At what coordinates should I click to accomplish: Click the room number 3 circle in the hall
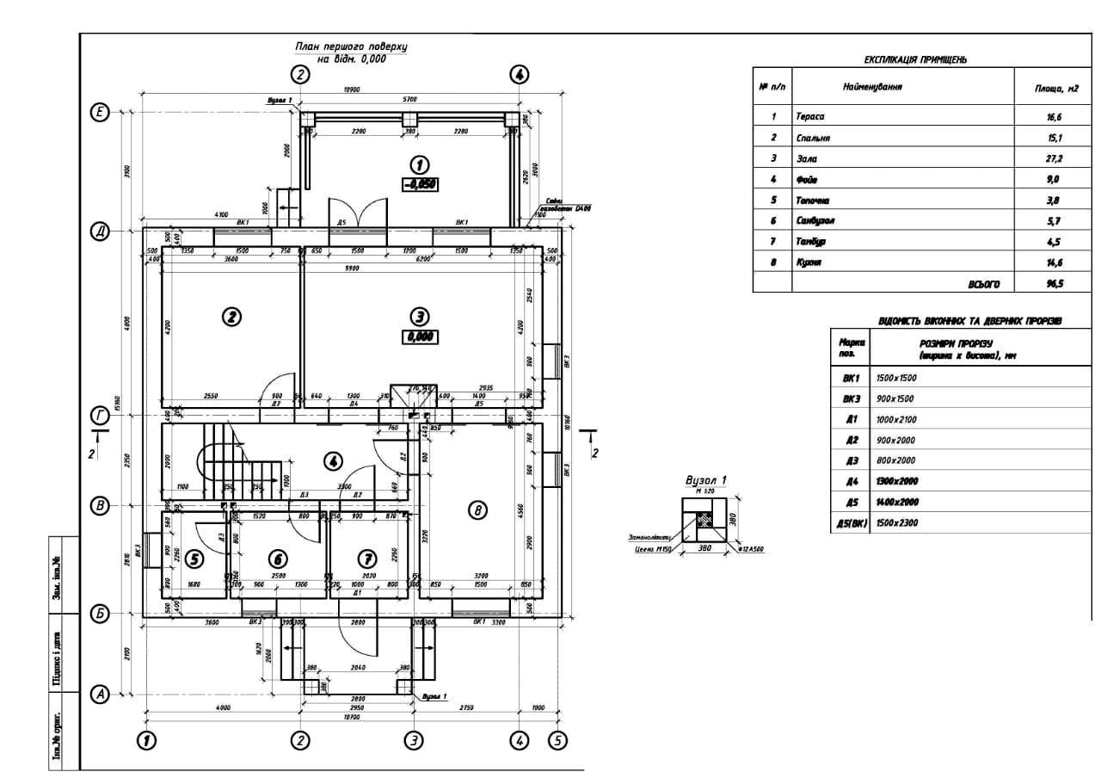[x=419, y=316]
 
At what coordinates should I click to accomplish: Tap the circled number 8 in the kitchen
[x=477, y=510]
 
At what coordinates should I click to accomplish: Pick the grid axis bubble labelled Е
[x=100, y=113]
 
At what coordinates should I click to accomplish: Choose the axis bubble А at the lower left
[x=100, y=694]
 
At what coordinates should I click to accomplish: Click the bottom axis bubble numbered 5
[x=557, y=739]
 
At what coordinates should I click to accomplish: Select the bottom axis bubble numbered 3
[x=414, y=739]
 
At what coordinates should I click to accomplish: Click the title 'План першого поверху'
[x=351, y=47]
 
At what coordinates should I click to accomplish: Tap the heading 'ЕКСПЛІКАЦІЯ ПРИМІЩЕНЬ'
[x=915, y=60]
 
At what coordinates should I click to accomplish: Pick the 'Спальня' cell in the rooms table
[x=813, y=138]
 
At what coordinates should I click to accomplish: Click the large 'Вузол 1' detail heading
[x=705, y=480]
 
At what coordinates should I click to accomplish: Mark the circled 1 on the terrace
[x=419, y=164]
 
